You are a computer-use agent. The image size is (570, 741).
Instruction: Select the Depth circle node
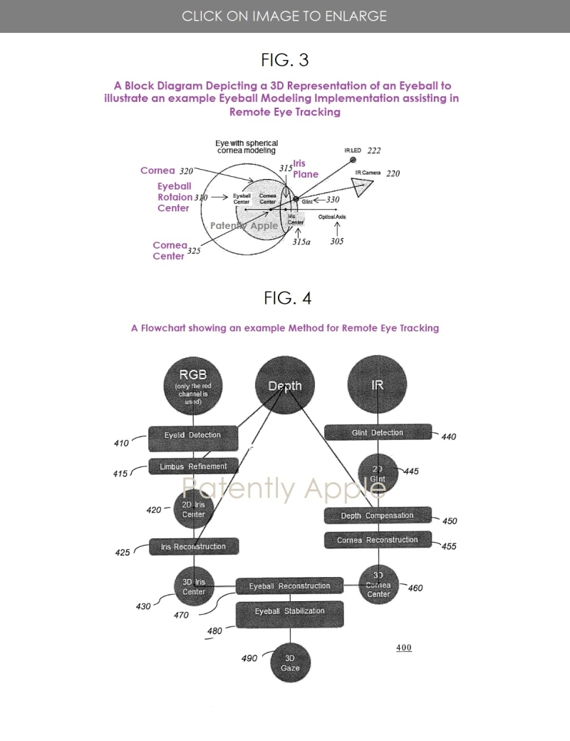pos(285,386)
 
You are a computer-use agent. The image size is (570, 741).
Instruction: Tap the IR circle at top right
pos(378,385)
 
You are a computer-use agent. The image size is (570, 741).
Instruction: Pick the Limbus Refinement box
pos(192,466)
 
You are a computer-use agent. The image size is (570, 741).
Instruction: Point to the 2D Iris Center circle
pos(194,509)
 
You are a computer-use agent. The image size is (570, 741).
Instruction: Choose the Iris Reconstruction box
pos(193,547)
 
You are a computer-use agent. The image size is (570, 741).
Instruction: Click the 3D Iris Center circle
pos(194,587)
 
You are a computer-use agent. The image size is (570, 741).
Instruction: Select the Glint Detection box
pos(378,433)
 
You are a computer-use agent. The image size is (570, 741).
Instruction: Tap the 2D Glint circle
pos(378,474)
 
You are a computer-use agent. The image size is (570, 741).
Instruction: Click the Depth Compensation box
pos(378,516)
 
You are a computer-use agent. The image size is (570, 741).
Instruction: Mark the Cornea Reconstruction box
pos(378,541)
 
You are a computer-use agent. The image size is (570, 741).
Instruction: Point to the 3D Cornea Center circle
pos(378,585)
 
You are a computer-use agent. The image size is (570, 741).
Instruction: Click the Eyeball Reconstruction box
pos(289,586)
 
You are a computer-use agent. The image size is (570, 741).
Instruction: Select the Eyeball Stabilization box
pos(290,613)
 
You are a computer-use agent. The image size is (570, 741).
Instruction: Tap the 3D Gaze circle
pos(290,663)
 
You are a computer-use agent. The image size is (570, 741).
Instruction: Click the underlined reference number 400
pos(404,648)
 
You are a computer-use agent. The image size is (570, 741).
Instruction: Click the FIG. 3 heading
pos(285,58)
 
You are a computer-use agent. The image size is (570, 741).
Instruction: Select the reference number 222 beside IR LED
pos(374,151)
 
